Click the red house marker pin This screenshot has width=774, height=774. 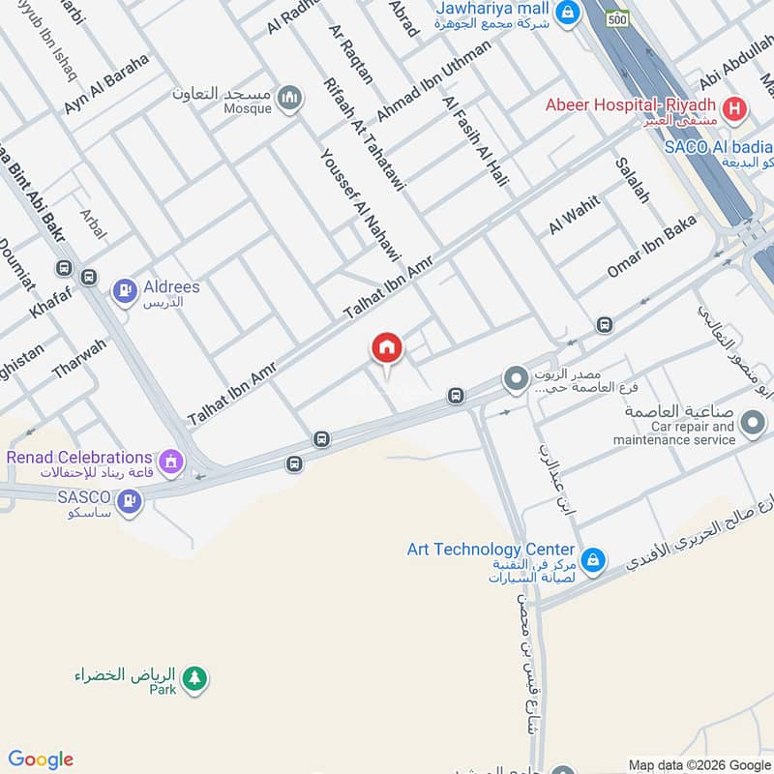(x=387, y=347)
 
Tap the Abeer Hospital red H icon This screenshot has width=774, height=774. (x=734, y=109)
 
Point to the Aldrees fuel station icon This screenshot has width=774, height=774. (x=124, y=289)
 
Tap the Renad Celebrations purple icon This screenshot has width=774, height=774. (x=172, y=462)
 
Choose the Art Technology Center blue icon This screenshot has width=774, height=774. (x=594, y=560)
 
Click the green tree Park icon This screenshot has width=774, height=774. (x=195, y=678)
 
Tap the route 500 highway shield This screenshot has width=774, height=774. (x=617, y=19)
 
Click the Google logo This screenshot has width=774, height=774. (x=41, y=759)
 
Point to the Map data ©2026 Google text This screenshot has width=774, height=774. (x=699, y=763)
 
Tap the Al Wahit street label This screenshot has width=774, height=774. (x=575, y=215)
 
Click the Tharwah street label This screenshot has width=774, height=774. (x=79, y=359)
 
